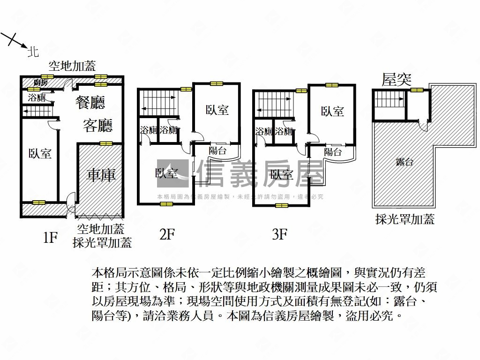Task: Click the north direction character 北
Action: point(33,52)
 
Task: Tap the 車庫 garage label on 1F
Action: point(101,175)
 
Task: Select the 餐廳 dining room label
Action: point(90,102)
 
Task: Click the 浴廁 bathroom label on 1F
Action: point(37,98)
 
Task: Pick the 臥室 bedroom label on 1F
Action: point(40,153)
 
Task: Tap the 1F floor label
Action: point(50,238)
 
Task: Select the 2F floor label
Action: point(167,234)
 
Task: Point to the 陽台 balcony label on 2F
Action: point(217,151)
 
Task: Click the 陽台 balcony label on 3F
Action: point(333,152)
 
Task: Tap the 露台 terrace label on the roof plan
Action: point(404,162)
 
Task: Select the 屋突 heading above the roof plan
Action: point(397,80)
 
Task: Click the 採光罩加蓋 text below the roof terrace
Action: point(405,219)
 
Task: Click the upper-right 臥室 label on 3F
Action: point(332,111)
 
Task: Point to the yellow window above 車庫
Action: point(106,143)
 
